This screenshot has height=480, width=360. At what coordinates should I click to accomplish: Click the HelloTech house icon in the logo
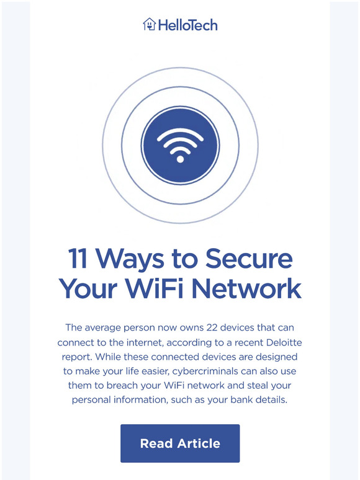pyautogui.click(x=149, y=25)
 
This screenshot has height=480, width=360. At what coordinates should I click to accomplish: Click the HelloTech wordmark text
pyautogui.click(x=187, y=25)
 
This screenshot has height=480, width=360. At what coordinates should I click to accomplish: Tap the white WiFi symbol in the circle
pyautogui.click(x=180, y=144)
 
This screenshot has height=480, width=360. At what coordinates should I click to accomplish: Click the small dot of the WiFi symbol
pyautogui.click(x=180, y=159)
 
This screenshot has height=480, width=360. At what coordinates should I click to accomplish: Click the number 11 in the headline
pyautogui.click(x=78, y=259)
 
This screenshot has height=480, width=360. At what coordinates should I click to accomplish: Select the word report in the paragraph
pyautogui.click(x=76, y=358)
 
